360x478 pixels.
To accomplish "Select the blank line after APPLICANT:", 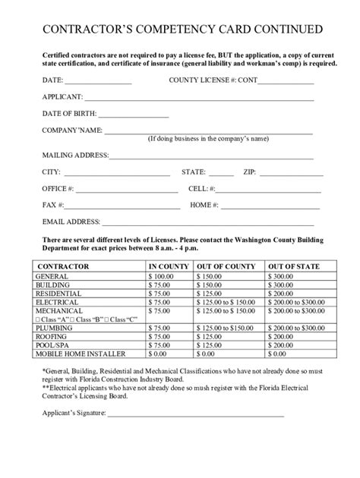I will [199, 99].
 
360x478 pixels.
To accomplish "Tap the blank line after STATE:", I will [220, 174].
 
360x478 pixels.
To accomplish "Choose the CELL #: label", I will [201, 188].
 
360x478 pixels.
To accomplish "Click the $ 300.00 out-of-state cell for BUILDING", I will [294, 285].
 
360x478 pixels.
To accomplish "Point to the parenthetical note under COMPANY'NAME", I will [208, 139].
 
